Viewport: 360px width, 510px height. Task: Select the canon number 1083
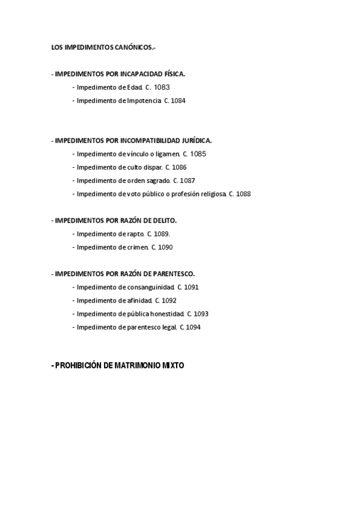click(x=162, y=87)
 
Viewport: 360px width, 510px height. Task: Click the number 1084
click(x=178, y=101)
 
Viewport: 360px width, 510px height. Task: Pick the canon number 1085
click(x=198, y=154)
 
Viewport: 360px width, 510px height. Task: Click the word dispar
click(x=153, y=167)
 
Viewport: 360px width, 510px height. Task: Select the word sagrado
click(x=158, y=180)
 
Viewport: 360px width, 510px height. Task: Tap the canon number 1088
click(x=243, y=194)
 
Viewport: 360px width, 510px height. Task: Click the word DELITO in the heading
click(x=163, y=221)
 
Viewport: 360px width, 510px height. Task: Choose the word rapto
click(x=136, y=234)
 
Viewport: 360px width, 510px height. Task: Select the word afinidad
click(x=138, y=300)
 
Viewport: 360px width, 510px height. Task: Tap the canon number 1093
click(x=201, y=313)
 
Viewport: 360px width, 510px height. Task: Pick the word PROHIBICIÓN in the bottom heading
click(x=79, y=365)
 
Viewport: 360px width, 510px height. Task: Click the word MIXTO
click(x=169, y=365)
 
